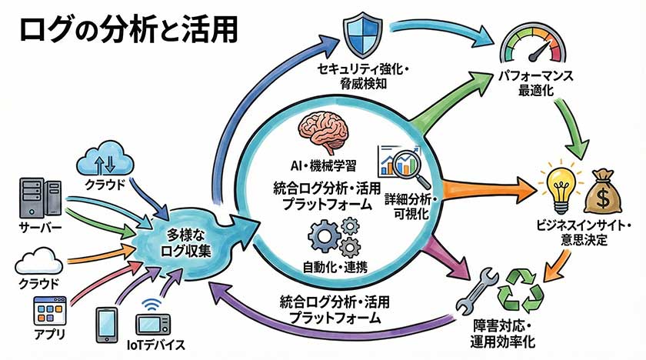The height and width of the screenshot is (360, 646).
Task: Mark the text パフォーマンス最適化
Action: (534, 85)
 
